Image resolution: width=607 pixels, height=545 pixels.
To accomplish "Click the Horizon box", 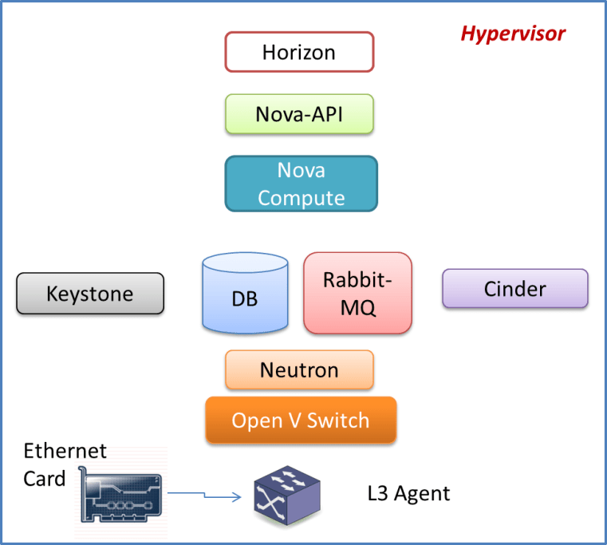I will (x=299, y=53).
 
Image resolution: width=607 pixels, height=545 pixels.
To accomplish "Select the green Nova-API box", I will (x=299, y=113).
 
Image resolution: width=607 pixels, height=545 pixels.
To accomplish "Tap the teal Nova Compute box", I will (x=301, y=184).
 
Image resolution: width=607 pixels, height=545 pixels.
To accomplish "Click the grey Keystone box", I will (x=90, y=294).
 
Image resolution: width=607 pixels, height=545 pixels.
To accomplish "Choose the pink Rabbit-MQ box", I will (x=357, y=293).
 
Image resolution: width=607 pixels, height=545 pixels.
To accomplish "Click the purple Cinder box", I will (x=515, y=288).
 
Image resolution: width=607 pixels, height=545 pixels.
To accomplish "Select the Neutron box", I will (x=299, y=370).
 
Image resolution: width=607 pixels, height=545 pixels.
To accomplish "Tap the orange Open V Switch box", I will (x=301, y=420).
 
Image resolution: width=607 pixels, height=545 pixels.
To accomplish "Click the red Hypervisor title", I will (x=513, y=34).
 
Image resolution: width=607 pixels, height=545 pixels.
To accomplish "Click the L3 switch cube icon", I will (x=286, y=495).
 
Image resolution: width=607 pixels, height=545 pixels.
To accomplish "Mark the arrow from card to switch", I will (x=203, y=497).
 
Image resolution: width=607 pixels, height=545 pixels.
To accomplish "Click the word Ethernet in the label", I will (x=65, y=451).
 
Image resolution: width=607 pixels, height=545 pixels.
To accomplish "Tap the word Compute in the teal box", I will (x=301, y=197).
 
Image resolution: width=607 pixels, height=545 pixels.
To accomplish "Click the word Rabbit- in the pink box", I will (x=357, y=280).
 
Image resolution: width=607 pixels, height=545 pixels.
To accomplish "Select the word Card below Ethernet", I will (x=45, y=480).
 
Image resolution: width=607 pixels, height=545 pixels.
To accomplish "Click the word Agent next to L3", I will (x=422, y=493).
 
